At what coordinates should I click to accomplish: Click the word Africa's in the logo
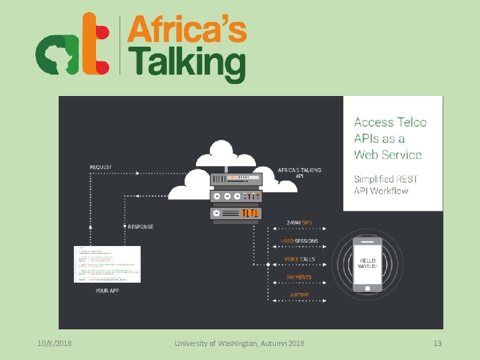click(x=187, y=31)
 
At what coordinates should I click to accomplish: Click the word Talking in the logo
click(x=187, y=65)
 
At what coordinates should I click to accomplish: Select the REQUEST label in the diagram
click(x=101, y=167)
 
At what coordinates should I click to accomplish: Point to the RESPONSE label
click(x=141, y=227)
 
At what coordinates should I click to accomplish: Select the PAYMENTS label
click(x=299, y=277)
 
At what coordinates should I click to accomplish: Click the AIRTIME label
click(x=299, y=295)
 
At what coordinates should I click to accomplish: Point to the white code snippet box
click(x=107, y=264)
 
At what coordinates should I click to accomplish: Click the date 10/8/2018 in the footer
click(x=55, y=343)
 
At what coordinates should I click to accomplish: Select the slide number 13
click(x=437, y=343)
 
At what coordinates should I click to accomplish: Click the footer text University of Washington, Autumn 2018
click(x=239, y=343)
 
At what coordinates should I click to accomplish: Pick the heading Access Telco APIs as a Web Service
click(x=389, y=138)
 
